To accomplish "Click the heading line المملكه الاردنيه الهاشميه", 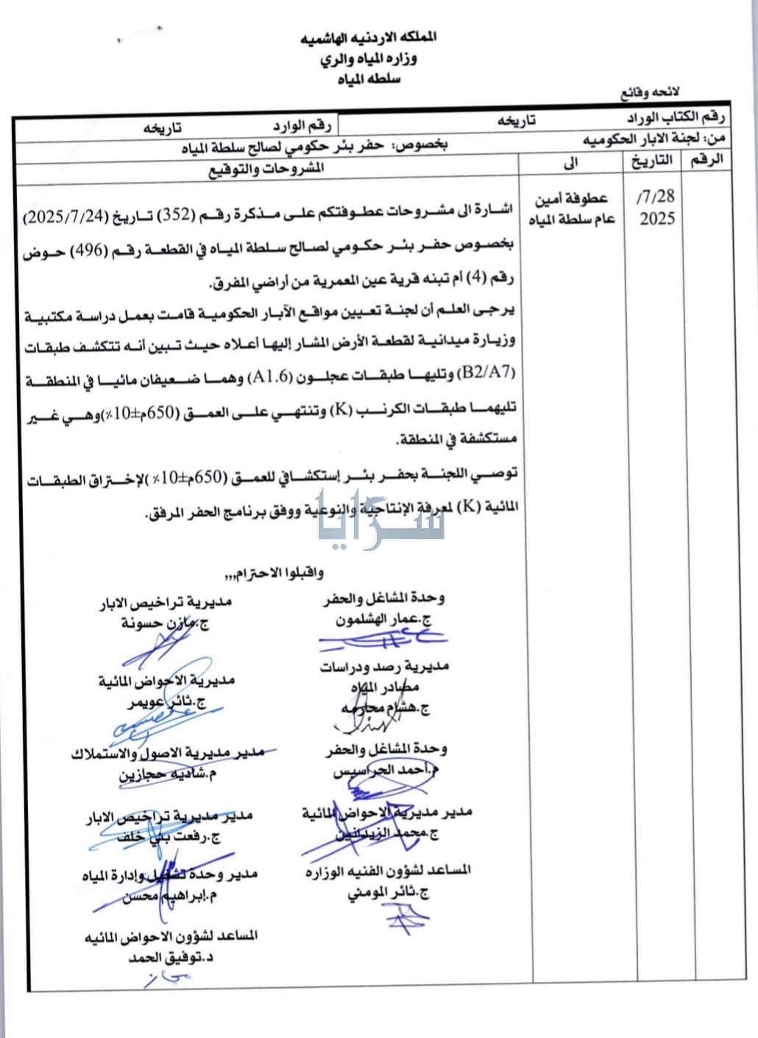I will pyautogui.click(x=369, y=38).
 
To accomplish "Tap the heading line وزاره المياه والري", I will pyautogui.click(x=369, y=59).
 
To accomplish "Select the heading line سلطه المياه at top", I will pyautogui.click(x=369, y=79).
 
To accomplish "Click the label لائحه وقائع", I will pyautogui.click(x=651, y=93).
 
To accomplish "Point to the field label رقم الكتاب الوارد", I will pyautogui.click(x=676, y=118).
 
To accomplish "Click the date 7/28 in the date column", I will pyautogui.click(x=656, y=197).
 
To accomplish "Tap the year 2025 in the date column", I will pyautogui.click(x=656, y=219).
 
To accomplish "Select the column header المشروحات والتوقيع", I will pyautogui.click(x=266, y=169).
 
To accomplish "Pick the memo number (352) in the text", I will pyautogui.click(x=177, y=215).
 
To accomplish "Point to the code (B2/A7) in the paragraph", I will pyautogui.click(x=486, y=373).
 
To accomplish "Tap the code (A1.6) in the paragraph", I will pyautogui.click(x=273, y=379).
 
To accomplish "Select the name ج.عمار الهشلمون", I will pyautogui.click(x=383, y=620).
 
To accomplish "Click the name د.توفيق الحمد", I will pyautogui.click(x=171, y=958).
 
